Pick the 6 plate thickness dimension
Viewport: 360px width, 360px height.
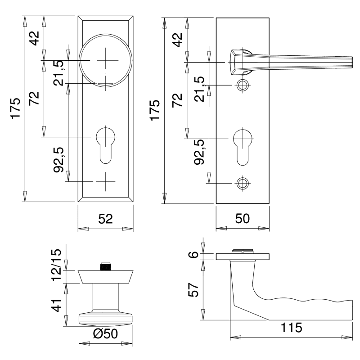click(193, 255)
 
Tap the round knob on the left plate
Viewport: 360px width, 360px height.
click(106, 60)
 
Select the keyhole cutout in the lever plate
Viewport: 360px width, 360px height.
click(243, 144)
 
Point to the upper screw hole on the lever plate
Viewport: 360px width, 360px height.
click(243, 85)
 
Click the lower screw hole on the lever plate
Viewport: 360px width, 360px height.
click(243, 183)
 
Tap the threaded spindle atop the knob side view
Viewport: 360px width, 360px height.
click(106, 266)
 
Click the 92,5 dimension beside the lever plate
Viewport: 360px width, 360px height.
click(199, 153)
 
